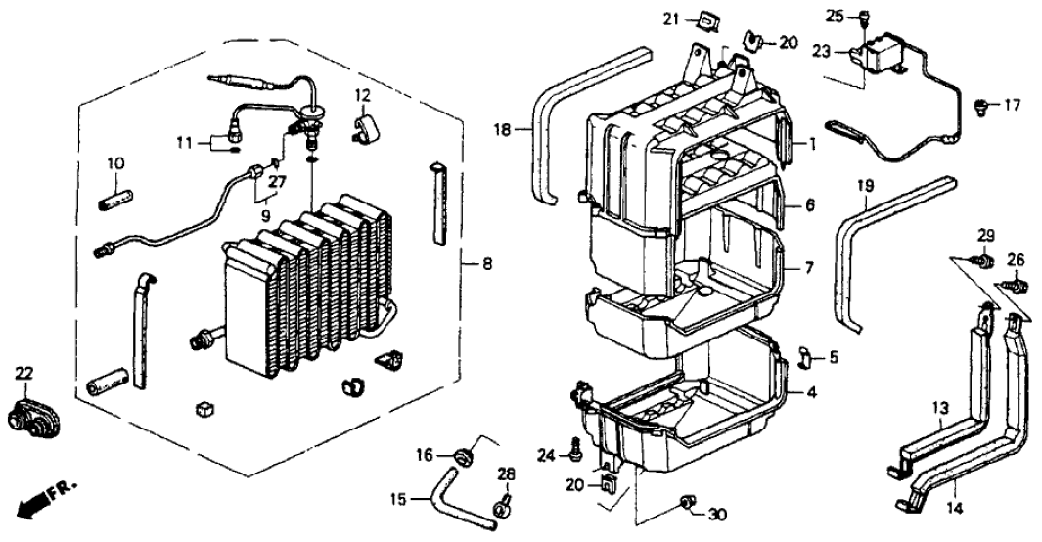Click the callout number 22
pyautogui.click(x=24, y=372)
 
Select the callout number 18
pyautogui.click(x=501, y=129)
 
